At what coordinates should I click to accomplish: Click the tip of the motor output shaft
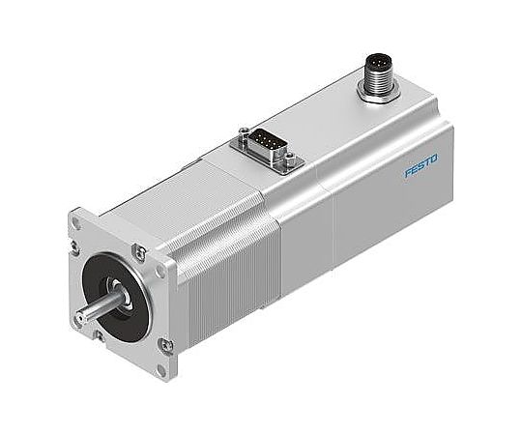click(76, 318)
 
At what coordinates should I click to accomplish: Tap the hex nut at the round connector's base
click(374, 93)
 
